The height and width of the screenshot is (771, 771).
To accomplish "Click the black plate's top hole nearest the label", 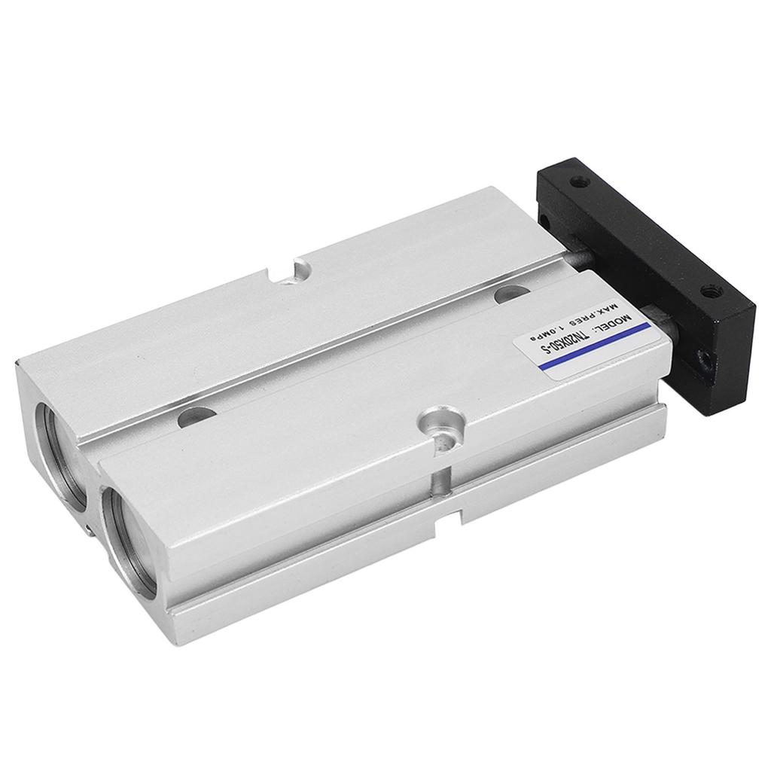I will (708, 291).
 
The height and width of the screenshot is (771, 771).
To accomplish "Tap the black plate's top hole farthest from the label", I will (577, 181).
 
